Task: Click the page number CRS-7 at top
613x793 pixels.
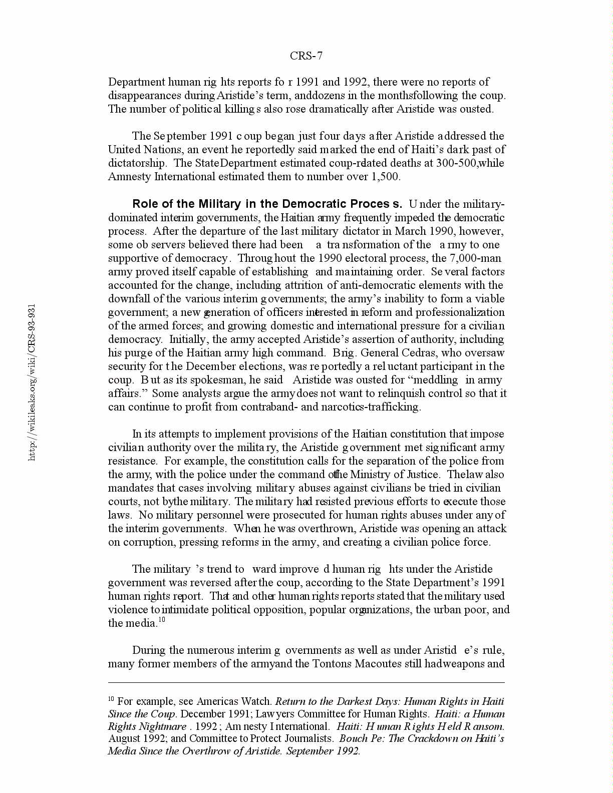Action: [306, 56]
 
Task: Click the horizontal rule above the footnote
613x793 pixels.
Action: [306, 682]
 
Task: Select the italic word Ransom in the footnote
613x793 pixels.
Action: [484, 726]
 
